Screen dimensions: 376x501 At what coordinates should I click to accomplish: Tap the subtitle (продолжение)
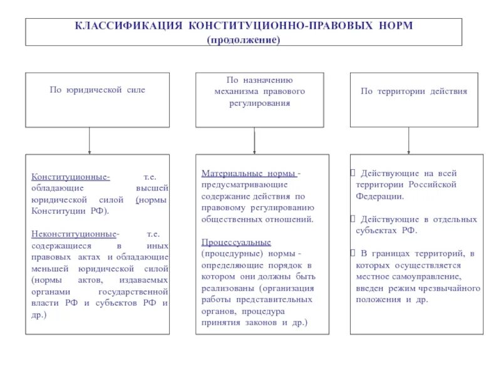tap(244, 39)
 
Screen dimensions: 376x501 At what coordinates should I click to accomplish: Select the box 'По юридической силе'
tap(97, 100)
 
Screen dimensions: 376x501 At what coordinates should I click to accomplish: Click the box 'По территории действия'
tap(413, 100)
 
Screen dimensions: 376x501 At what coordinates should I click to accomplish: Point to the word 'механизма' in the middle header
tap(233, 91)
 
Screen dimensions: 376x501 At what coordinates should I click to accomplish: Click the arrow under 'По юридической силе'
tap(90, 141)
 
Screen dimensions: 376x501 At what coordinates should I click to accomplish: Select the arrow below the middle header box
tap(254, 141)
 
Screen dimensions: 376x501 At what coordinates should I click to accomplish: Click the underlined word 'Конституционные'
tap(71, 177)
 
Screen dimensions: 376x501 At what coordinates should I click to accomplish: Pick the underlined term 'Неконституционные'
tap(74, 234)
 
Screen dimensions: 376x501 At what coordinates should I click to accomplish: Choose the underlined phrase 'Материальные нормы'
tap(249, 173)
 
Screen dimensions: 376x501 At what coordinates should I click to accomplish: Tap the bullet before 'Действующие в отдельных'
tap(353, 219)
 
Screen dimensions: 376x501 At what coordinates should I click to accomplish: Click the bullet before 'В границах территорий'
tap(353, 254)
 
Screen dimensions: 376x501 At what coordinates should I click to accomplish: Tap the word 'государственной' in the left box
tap(133, 291)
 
